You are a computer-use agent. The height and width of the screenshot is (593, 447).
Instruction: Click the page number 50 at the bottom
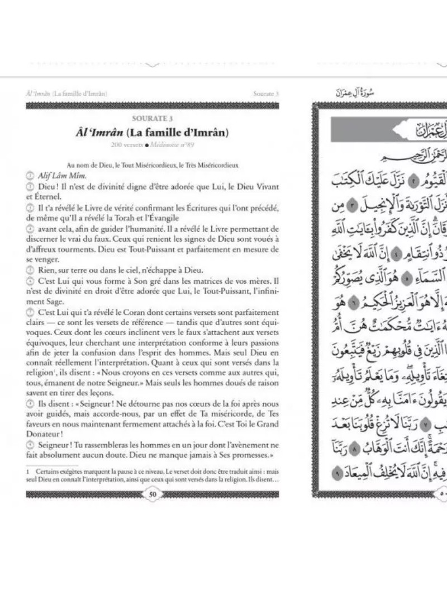click(x=153, y=493)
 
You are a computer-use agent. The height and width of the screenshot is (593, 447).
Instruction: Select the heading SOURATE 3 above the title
click(x=152, y=118)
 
